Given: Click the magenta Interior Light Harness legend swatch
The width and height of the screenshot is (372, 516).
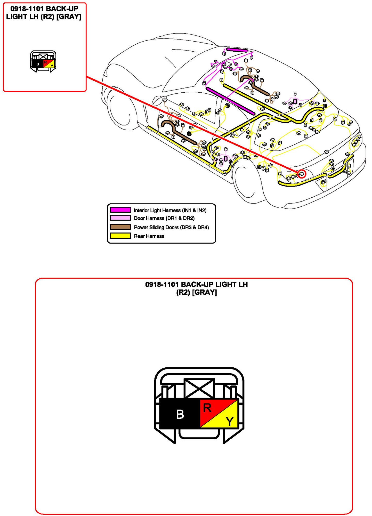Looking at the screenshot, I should click(120, 210).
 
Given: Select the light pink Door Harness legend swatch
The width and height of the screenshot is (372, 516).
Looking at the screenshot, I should click(120, 218).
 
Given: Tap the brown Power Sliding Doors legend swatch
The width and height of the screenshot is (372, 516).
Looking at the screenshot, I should click(120, 227).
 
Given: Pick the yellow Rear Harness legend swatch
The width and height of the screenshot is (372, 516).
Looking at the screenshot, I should click(120, 236).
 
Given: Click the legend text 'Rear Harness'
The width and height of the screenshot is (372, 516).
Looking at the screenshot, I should click(149, 236).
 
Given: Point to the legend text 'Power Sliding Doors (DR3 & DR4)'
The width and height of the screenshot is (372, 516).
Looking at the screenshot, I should click(171, 227).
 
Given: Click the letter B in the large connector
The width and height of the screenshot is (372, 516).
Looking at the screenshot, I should click(180, 414).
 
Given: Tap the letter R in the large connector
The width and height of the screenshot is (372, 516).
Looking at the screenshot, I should click(207, 408).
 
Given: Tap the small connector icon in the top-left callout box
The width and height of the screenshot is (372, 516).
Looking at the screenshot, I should click(43, 62).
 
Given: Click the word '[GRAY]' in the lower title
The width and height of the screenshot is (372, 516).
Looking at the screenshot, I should click(205, 292).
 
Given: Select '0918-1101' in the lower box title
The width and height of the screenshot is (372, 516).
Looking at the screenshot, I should click(162, 285).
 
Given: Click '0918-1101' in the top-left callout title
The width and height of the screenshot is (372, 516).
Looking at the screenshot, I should click(27, 9).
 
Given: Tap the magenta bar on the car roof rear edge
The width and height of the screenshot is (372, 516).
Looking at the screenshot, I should click(237, 50).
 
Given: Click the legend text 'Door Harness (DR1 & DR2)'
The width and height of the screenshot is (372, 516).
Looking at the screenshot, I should click(164, 218).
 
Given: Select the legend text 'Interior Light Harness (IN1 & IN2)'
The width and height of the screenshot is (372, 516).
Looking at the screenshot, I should click(170, 210).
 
